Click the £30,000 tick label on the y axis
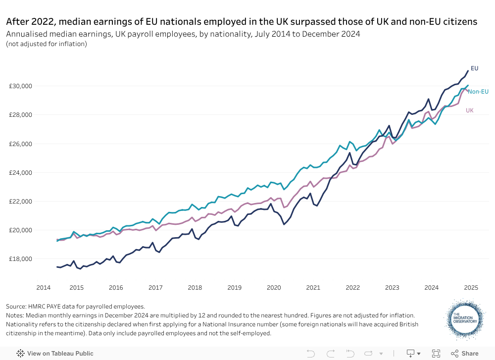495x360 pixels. coord(21,86)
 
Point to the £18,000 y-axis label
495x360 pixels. coord(21,259)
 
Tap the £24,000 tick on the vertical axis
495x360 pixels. coord(21,173)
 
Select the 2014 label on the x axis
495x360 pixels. coord(43,288)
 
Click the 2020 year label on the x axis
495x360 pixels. coord(274,288)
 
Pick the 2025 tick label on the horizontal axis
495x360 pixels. coord(471,288)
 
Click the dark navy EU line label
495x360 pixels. coord(474,68)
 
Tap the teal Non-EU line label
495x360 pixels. coord(478,92)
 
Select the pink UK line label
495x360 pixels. coord(470,110)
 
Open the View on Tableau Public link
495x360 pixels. coord(55,354)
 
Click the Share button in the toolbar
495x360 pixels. coord(465,354)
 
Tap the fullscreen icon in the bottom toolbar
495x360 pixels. coord(436,354)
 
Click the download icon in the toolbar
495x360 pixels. coord(410,354)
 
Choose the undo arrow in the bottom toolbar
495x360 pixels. coord(311,354)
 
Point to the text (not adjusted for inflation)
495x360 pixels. coord(47,44)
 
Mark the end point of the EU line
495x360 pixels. coord(468,71)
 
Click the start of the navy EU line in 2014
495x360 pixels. coord(57,267)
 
